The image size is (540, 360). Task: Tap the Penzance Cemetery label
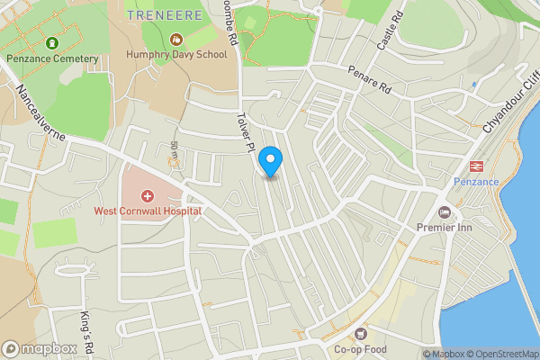(51, 58)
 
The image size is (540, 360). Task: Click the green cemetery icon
(51, 42)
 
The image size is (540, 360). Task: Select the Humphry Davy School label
(177, 56)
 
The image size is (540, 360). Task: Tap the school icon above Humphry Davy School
(177, 40)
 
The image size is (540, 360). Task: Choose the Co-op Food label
(362, 350)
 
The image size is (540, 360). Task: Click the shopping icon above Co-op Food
(362, 334)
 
